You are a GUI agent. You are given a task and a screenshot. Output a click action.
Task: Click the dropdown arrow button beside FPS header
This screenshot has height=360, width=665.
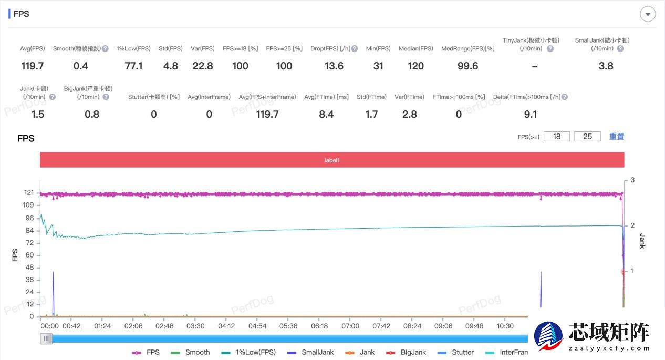point(648,14)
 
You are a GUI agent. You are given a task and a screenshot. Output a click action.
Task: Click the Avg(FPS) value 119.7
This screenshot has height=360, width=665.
point(33,66)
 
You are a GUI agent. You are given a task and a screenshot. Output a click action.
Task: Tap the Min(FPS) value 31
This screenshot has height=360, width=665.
point(378,66)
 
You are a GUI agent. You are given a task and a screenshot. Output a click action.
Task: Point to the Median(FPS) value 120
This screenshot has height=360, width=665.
point(415,66)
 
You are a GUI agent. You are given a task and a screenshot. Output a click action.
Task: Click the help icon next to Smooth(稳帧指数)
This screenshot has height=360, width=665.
point(105,49)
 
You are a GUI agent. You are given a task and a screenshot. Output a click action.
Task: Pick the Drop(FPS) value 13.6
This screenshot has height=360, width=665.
point(334,66)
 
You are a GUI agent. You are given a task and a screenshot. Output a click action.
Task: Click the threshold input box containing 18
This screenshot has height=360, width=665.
point(557,136)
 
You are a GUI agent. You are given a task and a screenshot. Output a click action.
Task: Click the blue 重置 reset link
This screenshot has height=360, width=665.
point(617,136)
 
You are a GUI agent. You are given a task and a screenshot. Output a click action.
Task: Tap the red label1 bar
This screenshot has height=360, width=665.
point(332,160)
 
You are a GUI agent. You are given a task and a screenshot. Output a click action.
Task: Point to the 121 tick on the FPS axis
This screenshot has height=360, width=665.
point(29,193)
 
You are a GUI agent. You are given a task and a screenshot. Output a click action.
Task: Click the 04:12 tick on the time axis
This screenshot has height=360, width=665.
point(226,326)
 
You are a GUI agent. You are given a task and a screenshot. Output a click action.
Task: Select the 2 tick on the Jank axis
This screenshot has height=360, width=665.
point(632,225)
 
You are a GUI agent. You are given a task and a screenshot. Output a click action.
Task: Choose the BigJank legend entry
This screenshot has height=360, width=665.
point(406,352)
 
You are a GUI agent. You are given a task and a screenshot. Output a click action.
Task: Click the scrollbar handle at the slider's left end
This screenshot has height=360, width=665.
point(47,339)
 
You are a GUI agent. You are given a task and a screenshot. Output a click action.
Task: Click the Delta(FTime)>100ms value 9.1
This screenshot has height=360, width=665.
point(531,114)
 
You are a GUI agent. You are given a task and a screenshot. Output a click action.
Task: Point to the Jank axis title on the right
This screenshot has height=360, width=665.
point(642,241)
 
